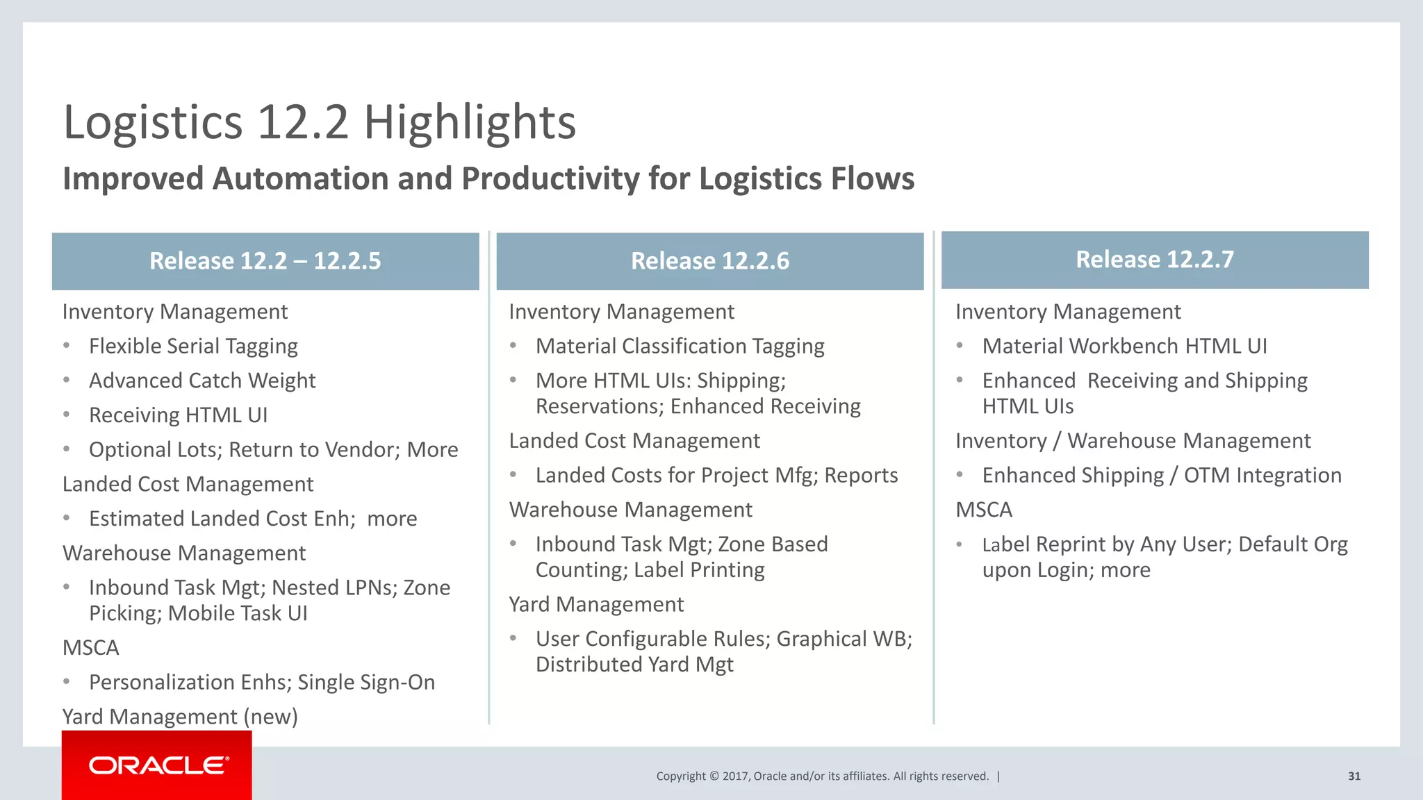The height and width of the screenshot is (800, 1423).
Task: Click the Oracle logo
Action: [x=158, y=765]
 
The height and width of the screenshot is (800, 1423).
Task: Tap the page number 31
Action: [x=1354, y=776]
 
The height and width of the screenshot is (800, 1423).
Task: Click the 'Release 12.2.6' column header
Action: [x=709, y=261]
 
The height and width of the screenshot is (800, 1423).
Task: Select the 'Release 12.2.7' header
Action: [x=1154, y=260]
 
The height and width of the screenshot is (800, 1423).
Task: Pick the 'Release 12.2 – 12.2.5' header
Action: [x=265, y=261]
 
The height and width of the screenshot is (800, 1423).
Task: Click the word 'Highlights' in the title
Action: [x=470, y=123]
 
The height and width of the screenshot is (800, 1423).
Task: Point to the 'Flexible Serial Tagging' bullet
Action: [x=193, y=346]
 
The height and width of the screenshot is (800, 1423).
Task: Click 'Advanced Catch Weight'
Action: [x=202, y=381]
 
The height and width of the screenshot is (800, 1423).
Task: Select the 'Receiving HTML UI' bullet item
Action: [x=178, y=415]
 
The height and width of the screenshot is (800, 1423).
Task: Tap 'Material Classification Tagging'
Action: [x=680, y=346]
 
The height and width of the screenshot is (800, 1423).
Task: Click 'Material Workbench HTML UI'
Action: [x=1124, y=346]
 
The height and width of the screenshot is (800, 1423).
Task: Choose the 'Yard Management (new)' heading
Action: [x=180, y=716]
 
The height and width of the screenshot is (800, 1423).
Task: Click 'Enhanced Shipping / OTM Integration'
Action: [x=1161, y=475]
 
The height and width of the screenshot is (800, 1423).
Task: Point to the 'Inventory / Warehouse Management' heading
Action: [x=1133, y=441]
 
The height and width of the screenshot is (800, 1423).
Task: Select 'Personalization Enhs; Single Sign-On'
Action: [x=262, y=682]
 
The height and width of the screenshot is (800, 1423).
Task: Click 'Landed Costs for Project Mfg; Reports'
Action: [x=716, y=475]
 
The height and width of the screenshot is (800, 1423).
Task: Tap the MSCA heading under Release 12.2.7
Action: [x=983, y=510]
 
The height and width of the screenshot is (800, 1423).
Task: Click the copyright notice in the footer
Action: [x=822, y=776]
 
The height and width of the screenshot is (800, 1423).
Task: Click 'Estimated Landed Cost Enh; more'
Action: [x=253, y=519]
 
